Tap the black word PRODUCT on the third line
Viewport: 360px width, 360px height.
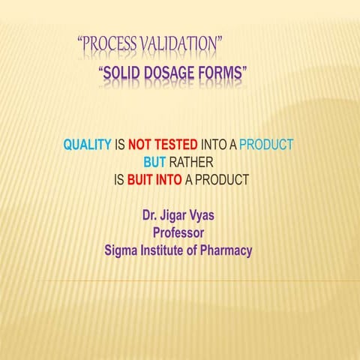(x=221, y=180)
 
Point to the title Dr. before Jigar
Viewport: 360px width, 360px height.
(x=150, y=216)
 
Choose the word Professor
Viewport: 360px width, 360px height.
(x=178, y=233)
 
